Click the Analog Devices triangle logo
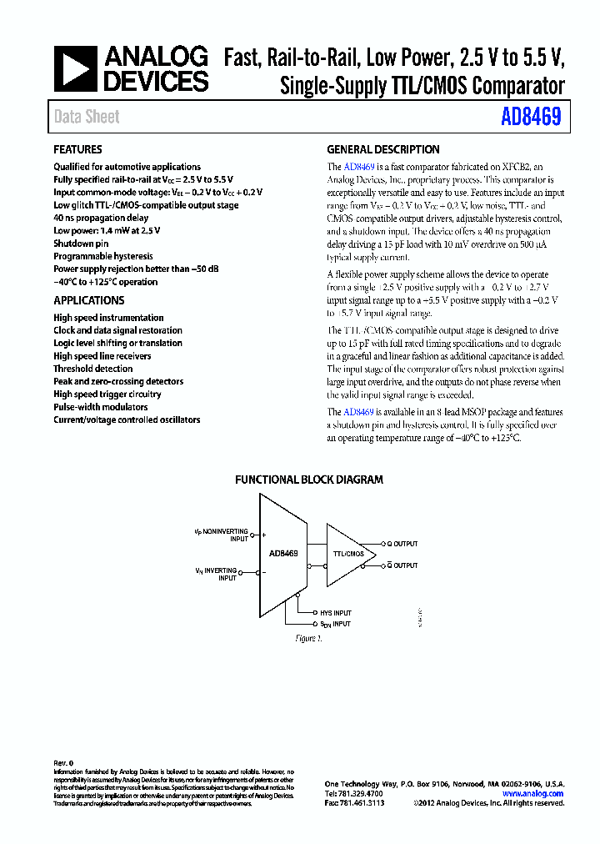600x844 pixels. click(x=76, y=68)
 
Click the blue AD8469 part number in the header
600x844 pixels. click(x=531, y=118)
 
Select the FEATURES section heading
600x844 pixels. click(x=77, y=150)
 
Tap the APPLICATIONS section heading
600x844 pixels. click(x=89, y=301)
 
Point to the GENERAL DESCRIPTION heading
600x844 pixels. click(x=383, y=150)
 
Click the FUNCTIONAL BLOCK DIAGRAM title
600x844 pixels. click(x=309, y=480)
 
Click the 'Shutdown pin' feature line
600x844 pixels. click(x=81, y=244)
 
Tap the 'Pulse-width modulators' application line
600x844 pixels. click(x=101, y=407)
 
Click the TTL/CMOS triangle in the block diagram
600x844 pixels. click(x=347, y=554)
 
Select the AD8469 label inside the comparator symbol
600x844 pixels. click(x=283, y=553)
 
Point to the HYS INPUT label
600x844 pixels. click(x=336, y=612)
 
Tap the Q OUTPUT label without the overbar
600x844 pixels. click(x=402, y=543)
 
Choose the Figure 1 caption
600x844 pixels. click(x=308, y=638)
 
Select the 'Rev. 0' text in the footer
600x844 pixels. click(x=64, y=763)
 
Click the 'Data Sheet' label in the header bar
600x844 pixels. click(x=87, y=118)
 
